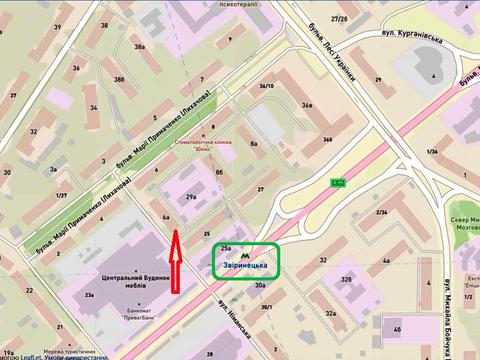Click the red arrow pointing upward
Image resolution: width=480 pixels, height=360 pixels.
(x=176, y=263)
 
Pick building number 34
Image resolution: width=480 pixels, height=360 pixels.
(x=93, y=107)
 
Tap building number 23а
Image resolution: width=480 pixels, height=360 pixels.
(x=90, y=296)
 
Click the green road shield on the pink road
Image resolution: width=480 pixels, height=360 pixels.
(x=337, y=181)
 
